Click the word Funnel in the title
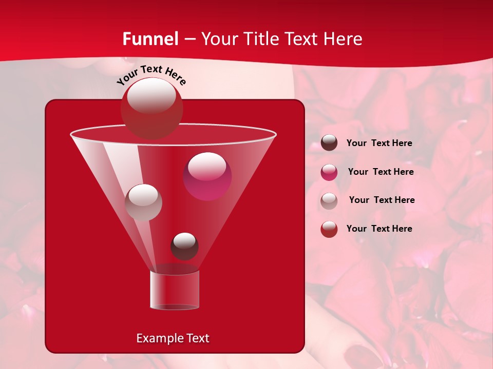click(x=150, y=39)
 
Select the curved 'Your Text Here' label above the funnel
click(x=151, y=74)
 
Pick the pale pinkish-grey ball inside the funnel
click(x=143, y=202)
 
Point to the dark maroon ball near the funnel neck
click(x=184, y=247)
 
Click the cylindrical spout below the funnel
click(x=175, y=290)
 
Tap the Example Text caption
click(x=173, y=338)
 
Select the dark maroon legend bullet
click(x=329, y=143)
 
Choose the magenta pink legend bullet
click(x=329, y=172)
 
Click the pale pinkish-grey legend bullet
click(x=329, y=201)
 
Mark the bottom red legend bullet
click(x=329, y=229)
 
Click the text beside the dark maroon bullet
click(x=379, y=143)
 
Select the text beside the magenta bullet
click(x=381, y=172)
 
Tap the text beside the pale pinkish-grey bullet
click(x=382, y=200)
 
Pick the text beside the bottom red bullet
click(x=379, y=229)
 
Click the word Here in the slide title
click(x=344, y=39)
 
